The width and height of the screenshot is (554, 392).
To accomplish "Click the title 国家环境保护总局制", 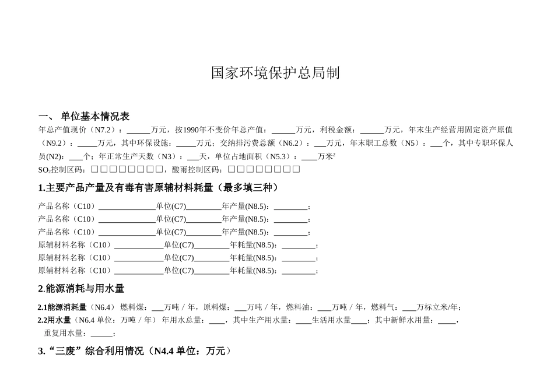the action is pos(275,73).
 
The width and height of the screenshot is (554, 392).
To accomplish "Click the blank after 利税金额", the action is pos(371,129).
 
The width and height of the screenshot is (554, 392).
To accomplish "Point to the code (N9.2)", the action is pos(55,143).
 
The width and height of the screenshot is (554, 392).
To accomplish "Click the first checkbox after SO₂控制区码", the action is pos(96,170).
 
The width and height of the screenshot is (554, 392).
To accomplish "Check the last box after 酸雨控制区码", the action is pos(296,170).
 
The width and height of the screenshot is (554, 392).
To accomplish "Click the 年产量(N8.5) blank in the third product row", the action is pos(290,232).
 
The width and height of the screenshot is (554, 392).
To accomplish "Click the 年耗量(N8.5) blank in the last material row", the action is pos(299,271).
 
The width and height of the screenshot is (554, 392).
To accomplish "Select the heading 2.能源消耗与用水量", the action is pos(81,289).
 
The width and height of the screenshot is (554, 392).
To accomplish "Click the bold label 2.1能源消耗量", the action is pos(62,307).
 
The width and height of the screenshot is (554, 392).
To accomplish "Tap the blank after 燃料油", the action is pos(324,307).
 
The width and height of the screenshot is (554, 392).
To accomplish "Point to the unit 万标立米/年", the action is pos(439,307).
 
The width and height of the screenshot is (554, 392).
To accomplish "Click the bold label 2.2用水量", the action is pos(54,320).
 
